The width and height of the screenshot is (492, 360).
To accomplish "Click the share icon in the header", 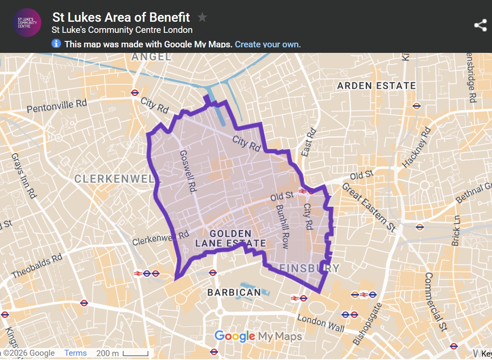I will coord(480,25).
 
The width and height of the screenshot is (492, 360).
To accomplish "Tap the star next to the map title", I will coord(202,17).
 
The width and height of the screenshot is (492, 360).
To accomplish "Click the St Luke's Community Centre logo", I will coord(27,23).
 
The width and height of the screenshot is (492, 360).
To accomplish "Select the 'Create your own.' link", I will coord(268,44).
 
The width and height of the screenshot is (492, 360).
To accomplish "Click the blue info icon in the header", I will coord(56,44).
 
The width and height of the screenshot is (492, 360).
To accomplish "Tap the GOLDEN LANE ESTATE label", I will coord(231,239).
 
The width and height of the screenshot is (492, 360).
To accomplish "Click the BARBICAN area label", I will coord(234,293).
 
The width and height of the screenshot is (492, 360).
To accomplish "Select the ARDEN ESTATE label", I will coord(376,86).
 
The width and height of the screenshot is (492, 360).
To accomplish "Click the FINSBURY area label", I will coord(309,268).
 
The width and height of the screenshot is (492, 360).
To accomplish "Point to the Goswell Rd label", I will coord(187,172).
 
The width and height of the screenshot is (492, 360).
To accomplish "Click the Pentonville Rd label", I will coord(57,106).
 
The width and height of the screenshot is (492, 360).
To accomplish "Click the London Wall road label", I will coord(321,323).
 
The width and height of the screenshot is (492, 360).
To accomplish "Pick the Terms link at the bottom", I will coord(75,353).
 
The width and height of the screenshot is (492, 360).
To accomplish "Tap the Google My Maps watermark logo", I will coord(258,337).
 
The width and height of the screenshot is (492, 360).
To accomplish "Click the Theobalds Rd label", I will coord(38,267).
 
